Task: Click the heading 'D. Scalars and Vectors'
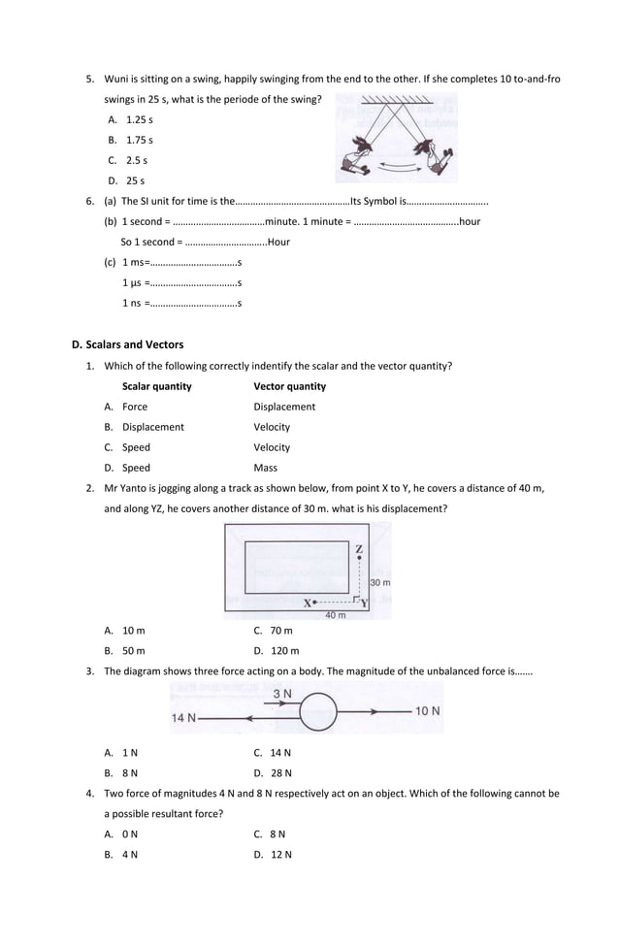point(127,344)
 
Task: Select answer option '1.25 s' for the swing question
point(139,119)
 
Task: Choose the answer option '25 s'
point(135,180)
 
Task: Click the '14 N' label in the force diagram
point(184,718)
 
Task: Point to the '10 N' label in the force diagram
point(428,711)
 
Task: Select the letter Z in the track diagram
point(359,550)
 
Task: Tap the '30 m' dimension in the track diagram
point(379,583)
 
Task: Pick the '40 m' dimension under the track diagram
point(335,615)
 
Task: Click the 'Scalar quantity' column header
point(156,386)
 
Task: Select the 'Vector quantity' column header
point(289,386)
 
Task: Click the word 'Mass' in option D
point(265,468)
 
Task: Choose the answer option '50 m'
point(133,651)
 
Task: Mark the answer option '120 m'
point(284,651)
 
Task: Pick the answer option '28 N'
point(280,773)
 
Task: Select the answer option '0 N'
point(130,834)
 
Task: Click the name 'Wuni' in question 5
point(116,79)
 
